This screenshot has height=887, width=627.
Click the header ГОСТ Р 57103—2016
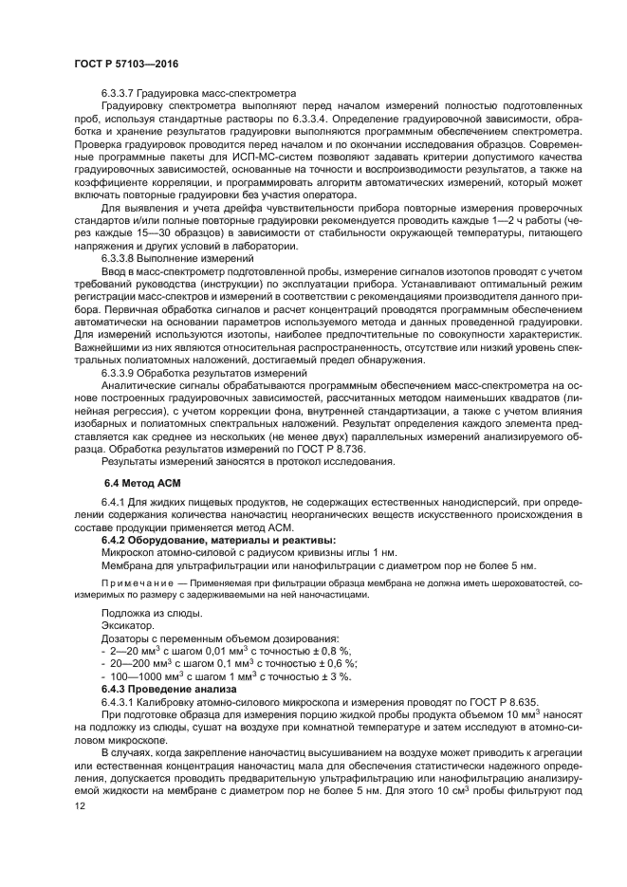125,63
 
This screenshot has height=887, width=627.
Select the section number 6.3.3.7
121,94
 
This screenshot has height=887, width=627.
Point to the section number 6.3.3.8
121,257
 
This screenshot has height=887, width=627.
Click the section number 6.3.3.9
121,373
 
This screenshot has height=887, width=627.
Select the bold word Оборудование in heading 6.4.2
171,539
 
